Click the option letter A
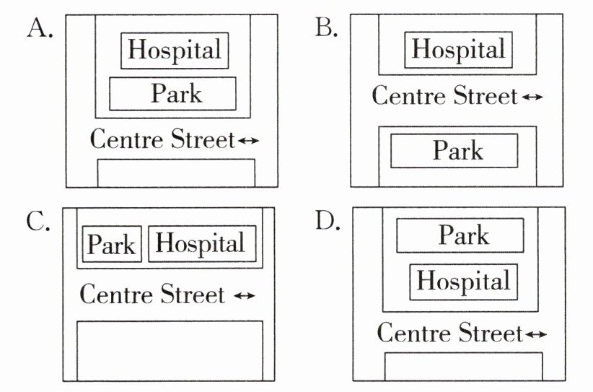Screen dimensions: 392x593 pos(40,30)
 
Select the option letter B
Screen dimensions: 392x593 pos(328,30)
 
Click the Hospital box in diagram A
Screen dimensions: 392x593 pos(175,51)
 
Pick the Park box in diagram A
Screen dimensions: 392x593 pos(173,93)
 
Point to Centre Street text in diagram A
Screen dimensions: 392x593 pos(162,139)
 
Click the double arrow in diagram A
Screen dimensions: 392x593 pos(247,141)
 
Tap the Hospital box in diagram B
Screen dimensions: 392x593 pos(458,51)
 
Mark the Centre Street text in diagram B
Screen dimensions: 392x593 pos(444,95)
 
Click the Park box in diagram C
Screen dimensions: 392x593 pos(112,245)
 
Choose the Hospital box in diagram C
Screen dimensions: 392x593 pos(201,244)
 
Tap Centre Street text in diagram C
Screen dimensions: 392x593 pos(152,295)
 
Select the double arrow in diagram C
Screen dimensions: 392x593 pos(245,296)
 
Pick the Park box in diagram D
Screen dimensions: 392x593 pos(460,236)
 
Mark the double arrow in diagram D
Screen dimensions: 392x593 pos(535,334)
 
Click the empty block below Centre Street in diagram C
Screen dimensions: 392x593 pos(170,350)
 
